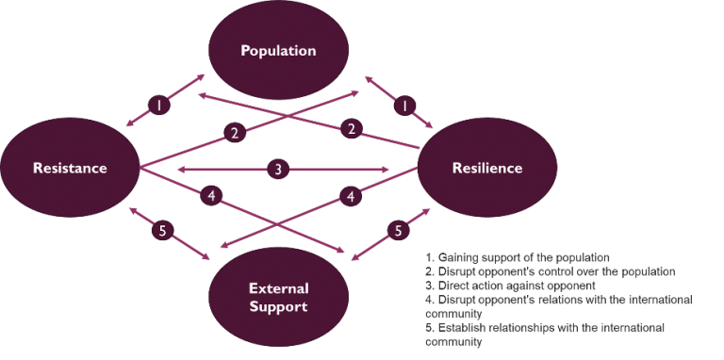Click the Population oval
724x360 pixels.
point(277,51)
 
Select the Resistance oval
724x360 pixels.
point(70,169)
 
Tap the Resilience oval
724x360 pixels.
point(487,169)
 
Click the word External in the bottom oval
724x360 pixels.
point(278,288)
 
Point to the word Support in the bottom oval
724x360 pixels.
point(278,307)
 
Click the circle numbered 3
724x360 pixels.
point(277,170)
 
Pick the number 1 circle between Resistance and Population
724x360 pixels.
point(160,106)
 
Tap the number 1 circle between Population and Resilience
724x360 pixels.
point(404,106)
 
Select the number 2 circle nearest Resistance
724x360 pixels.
point(235,133)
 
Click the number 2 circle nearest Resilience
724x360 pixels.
point(353,128)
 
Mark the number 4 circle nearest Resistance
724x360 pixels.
point(213,196)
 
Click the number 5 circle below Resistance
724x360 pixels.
point(161,230)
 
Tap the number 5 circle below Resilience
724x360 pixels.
point(399,230)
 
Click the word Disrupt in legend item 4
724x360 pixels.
point(454,300)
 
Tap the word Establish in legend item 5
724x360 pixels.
point(459,328)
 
